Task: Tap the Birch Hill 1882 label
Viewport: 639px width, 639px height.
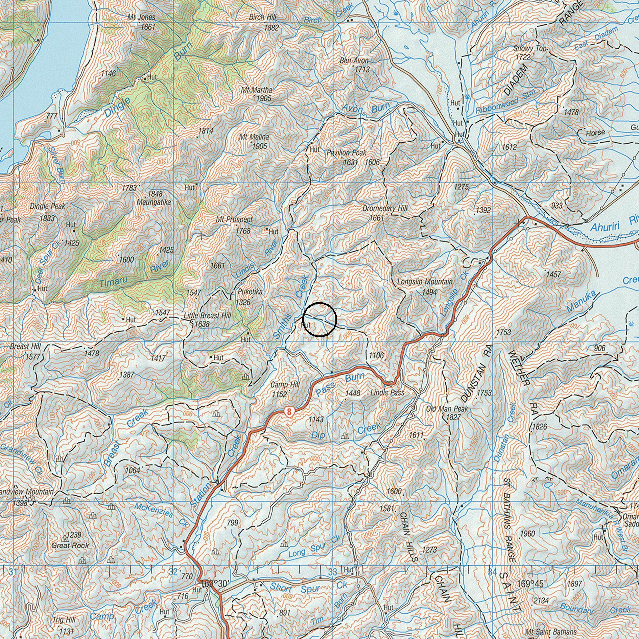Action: (x=263, y=17)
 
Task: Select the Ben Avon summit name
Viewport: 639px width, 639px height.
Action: (x=354, y=61)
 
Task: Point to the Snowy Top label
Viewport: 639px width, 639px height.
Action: (x=529, y=49)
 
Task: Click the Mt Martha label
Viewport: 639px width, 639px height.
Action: (x=256, y=90)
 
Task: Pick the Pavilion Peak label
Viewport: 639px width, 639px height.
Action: (x=346, y=153)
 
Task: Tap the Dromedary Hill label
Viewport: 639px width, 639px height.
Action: (x=385, y=209)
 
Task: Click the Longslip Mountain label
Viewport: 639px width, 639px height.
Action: (x=425, y=282)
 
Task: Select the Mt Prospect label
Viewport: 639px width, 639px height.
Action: (x=234, y=220)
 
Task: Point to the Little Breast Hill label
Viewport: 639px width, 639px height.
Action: (x=207, y=315)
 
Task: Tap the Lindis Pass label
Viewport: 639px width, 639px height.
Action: (x=387, y=393)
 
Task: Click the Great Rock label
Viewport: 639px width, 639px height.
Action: (x=70, y=545)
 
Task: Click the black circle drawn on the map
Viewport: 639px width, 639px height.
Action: (x=319, y=319)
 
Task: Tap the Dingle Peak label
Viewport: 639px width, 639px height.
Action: (x=47, y=206)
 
